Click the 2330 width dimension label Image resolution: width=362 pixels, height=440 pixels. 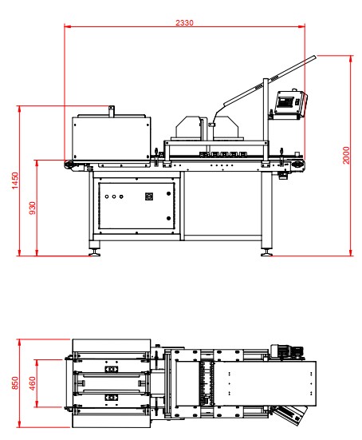point(184,22)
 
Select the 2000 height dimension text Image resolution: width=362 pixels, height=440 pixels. point(346,155)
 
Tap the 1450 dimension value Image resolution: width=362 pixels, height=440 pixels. point(15,180)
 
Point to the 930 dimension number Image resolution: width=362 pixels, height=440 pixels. point(33,208)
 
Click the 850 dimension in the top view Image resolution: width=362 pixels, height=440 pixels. point(15,383)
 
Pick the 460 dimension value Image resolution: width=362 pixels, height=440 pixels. point(33,383)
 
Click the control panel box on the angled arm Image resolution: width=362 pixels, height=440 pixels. point(291,103)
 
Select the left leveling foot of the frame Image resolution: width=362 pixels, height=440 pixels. point(94,252)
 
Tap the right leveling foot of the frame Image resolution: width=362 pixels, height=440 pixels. point(266,252)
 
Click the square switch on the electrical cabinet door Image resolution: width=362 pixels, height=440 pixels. point(149,196)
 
